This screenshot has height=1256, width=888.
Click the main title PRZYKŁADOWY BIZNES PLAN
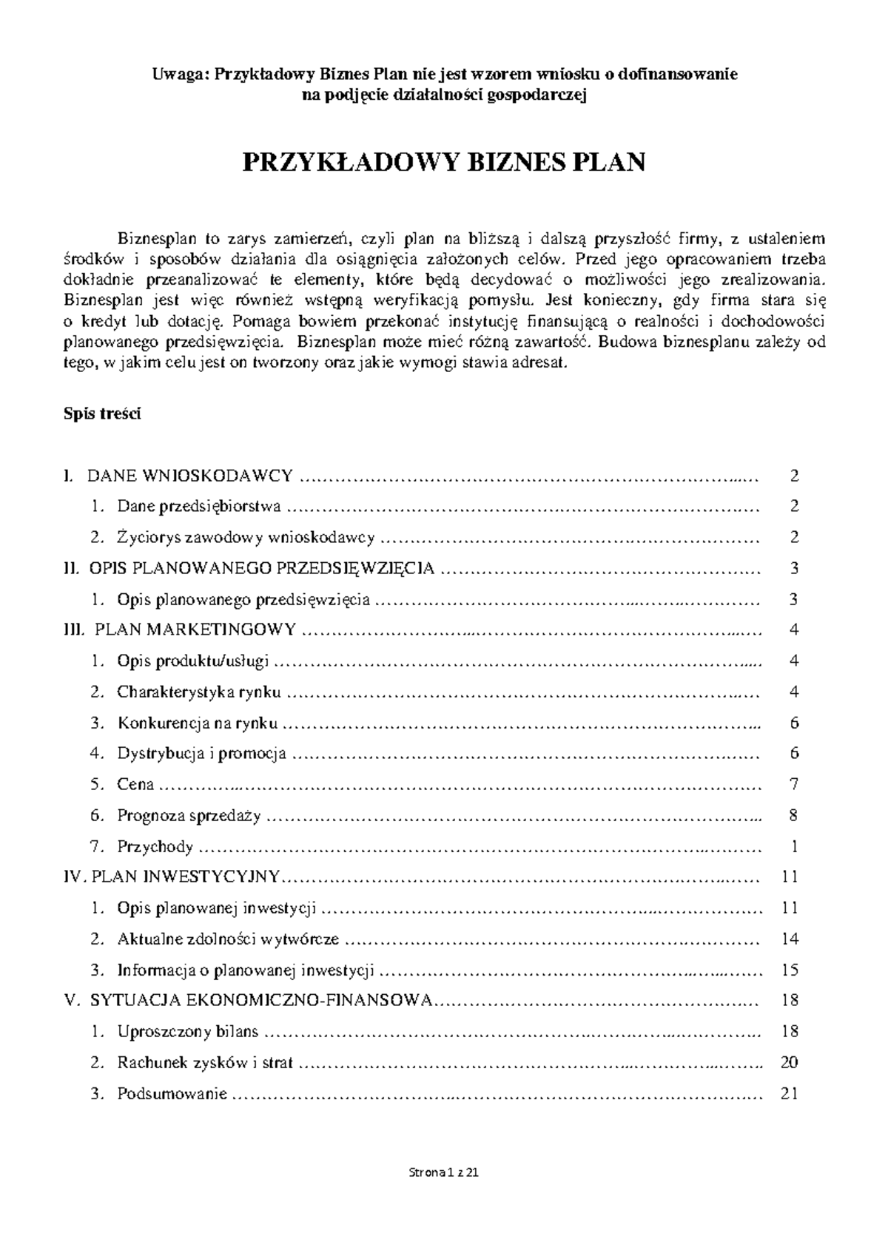(x=444, y=162)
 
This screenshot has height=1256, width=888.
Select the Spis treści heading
(x=101, y=414)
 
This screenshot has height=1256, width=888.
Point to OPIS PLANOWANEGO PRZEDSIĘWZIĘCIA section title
(x=261, y=568)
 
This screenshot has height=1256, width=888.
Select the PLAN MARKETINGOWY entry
(x=195, y=630)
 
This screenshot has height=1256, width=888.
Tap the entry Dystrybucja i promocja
(x=201, y=754)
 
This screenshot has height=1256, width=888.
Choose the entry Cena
(x=135, y=785)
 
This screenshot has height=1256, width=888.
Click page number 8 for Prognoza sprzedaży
(x=793, y=816)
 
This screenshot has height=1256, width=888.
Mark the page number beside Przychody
(x=794, y=847)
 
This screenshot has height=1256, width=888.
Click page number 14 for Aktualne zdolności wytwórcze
(x=790, y=939)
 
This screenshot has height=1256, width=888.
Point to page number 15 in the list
(x=790, y=970)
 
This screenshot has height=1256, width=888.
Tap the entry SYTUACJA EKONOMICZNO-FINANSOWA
(x=260, y=1001)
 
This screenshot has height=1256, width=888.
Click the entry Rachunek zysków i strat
(x=205, y=1063)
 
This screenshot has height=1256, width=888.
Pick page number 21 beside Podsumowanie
(x=790, y=1094)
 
